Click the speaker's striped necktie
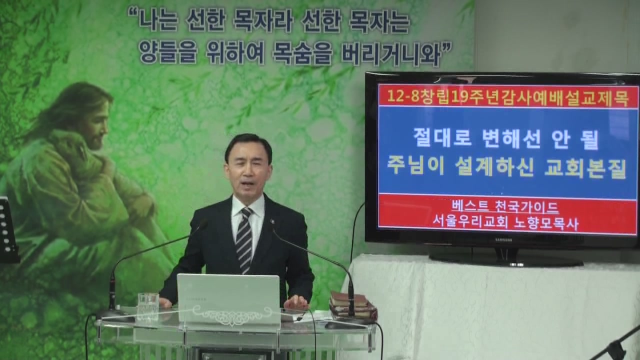[244, 239]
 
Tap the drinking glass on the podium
[148, 306]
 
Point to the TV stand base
[505, 259]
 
